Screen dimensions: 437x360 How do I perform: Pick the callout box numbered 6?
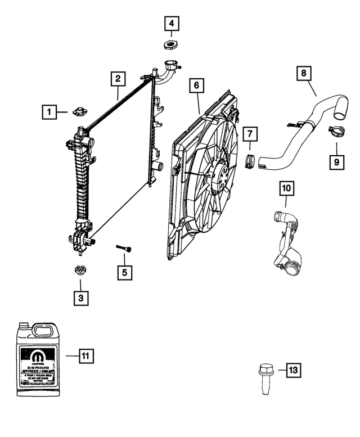(196, 85)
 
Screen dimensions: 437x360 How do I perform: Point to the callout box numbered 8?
(303, 73)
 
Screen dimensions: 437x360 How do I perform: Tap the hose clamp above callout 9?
(335, 134)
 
